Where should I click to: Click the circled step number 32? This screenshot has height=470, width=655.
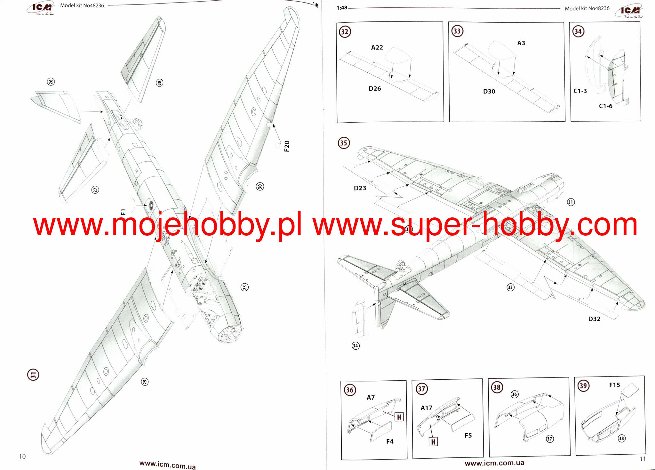point(345,32)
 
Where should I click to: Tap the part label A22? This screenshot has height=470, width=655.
point(377,48)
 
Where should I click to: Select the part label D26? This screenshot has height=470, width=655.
point(375,89)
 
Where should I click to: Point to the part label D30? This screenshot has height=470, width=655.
point(489,92)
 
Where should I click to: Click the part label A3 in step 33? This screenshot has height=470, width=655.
point(521,43)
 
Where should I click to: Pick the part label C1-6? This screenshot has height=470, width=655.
point(605,106)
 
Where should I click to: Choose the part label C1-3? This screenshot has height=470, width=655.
point(580,91)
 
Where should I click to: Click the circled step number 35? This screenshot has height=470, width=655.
point(344,143)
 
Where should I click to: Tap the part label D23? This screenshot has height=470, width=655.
point(360,188)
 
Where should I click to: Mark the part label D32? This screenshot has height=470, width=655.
point(594,319)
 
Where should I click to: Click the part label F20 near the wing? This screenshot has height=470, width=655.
point(287,146)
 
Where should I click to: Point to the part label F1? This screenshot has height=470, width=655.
point(124,212)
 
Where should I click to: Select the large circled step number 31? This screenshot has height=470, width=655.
point(33,375)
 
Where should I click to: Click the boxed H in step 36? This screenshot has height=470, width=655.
point(399,417)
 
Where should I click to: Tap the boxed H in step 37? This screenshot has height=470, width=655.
point(433,442)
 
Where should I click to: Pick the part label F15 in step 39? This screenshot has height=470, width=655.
point(614,385)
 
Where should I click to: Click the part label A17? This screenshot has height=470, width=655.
point(426,408)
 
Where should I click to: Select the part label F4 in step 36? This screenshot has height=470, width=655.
point(389,442)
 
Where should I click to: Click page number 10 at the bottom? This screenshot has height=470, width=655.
point(22,457)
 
